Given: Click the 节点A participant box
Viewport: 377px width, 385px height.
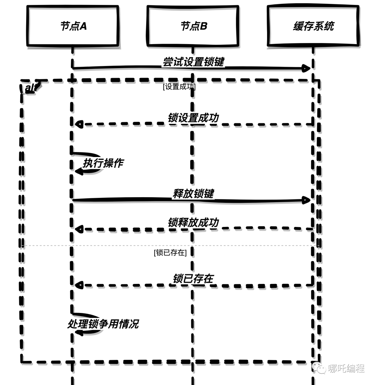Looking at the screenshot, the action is (73, 26).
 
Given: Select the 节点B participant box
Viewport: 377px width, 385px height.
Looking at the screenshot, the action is (193, 26).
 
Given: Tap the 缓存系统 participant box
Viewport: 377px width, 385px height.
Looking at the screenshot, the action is (313, 26).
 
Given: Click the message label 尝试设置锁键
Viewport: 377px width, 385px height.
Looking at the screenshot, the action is (193, 62).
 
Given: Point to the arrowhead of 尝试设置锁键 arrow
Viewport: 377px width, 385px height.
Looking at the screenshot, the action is (306, 68).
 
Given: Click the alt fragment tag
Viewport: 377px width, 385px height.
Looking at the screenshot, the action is (31, 87).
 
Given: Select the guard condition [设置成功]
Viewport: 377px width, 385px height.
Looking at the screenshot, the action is (179, 87).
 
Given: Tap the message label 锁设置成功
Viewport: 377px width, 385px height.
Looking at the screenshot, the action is (193, 118).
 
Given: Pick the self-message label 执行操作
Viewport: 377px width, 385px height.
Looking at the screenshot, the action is (103, 163).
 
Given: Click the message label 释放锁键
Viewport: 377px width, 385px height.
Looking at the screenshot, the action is (193, 194).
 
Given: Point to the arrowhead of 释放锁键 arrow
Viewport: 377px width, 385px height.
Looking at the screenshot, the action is (306, 200).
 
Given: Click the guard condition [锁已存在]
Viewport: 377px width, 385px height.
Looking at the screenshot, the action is (170, 252).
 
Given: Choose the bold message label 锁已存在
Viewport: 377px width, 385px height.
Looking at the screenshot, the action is (193, 279).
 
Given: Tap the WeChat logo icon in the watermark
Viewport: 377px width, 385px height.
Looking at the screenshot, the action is (319, 368).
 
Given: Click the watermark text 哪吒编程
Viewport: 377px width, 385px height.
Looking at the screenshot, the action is (346, 368).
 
